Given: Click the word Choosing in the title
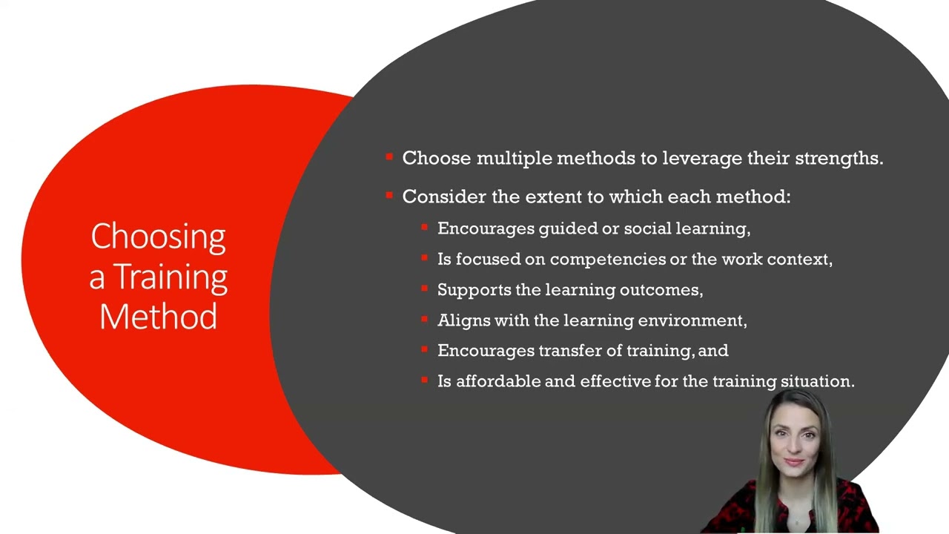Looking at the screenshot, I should coord(158,237).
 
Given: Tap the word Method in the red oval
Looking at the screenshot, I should coord(158,317).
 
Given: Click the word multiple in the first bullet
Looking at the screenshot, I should coord(515,158).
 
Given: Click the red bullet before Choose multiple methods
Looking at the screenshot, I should coord(389,156).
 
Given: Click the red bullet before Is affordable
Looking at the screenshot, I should coord(424,380).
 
